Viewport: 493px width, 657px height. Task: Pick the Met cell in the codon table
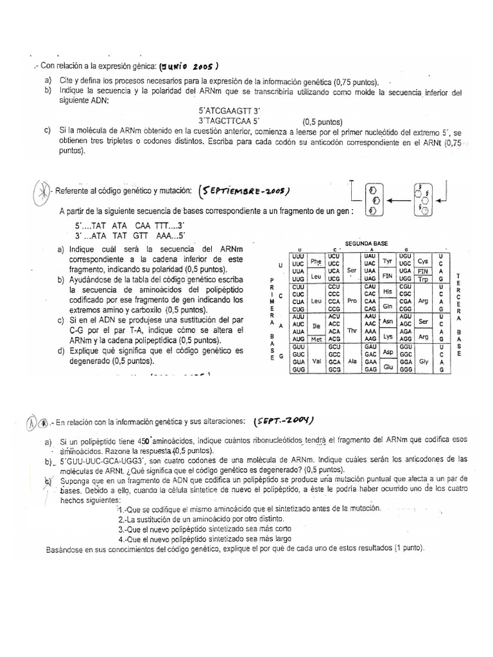(315, 337)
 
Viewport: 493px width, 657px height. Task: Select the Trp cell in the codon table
(422, 280)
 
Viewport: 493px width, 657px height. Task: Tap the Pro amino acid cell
(351, 300)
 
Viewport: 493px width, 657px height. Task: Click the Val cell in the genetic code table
(315, 361)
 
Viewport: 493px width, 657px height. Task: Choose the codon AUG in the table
(297, 337)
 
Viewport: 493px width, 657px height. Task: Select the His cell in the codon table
(387, 291)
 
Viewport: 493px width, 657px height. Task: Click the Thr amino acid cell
(351, 330)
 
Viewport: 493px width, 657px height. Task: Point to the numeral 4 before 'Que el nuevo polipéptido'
(121, 539)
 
